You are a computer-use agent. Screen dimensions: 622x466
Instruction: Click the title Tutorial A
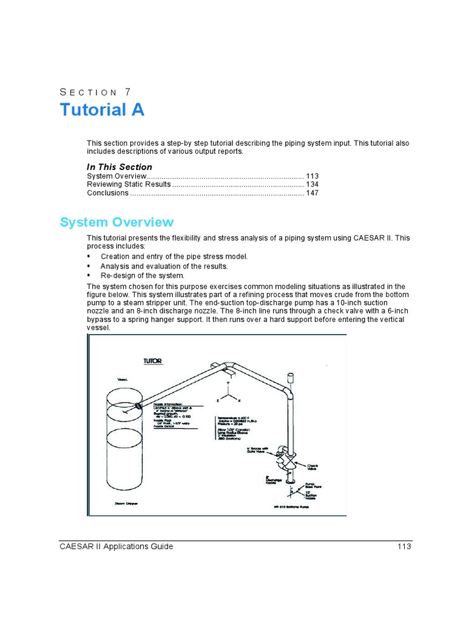[x=102, y=110]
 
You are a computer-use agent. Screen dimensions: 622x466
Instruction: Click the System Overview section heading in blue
[x=116, y=222]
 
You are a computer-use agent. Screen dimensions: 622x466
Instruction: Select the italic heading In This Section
[x=120, y=167]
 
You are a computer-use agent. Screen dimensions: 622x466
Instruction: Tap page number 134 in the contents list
[x=312, y=184]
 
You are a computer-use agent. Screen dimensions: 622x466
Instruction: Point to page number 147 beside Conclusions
[x=312, y=193]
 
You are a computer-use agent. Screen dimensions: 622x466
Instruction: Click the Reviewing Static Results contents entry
[x=129, y=184]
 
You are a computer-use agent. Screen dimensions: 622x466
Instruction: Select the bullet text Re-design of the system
[x=142, y=275]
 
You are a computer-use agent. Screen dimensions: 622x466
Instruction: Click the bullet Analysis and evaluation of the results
[x=164, y=266]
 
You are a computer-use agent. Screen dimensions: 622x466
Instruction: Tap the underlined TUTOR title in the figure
[x=152, y=361]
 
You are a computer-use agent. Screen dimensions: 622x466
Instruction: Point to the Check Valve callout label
[x=312, y=468]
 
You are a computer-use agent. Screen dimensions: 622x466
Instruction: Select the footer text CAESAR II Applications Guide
[x=116, y=546]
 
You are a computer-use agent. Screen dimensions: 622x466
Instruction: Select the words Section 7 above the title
[x=95, y=92]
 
